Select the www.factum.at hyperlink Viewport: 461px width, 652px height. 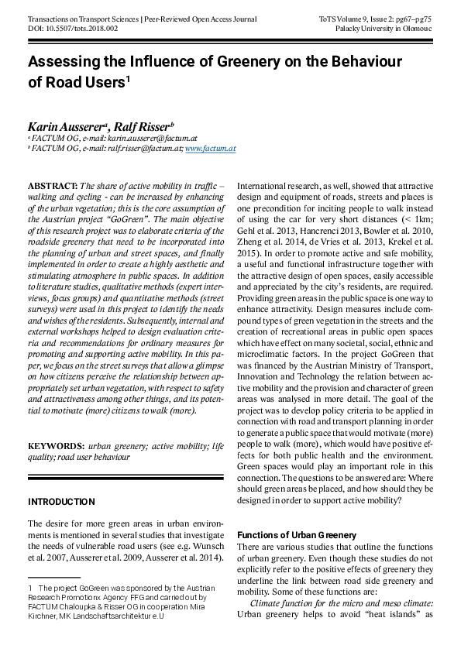210,147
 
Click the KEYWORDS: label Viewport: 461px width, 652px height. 56,446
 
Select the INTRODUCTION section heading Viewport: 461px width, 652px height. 62,502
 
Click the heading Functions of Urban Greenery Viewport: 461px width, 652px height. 296,535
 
